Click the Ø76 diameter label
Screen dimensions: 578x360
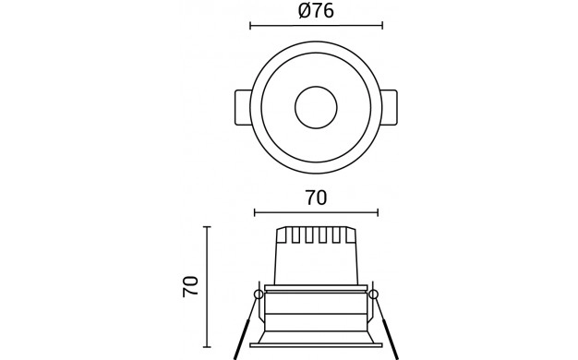(316, 11)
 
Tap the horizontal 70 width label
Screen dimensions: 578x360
(316, 198)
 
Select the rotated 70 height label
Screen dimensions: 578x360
(190, 286)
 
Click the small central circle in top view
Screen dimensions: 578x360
(316, 107)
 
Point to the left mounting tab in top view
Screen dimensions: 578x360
(243, 107)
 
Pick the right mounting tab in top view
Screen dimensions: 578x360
(390, 107)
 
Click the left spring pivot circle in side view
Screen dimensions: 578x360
(259, 294)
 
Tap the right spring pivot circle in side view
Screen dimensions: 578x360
(373, 294)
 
